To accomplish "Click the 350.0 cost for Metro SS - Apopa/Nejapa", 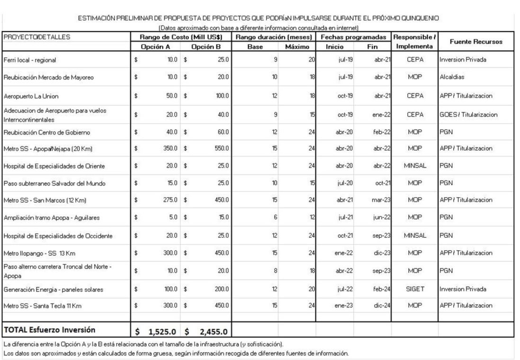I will coord(168,149).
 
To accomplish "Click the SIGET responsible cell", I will coord(414,289).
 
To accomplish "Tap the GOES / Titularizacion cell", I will coord(468,114).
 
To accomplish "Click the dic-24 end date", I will coord(382,306).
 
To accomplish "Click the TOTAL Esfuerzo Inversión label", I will coord(50,330).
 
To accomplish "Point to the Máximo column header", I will coord(297,46).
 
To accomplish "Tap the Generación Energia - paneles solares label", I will coord(53,289).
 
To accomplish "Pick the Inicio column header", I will coord(335,46).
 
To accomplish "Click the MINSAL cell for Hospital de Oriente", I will coord(414,166).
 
